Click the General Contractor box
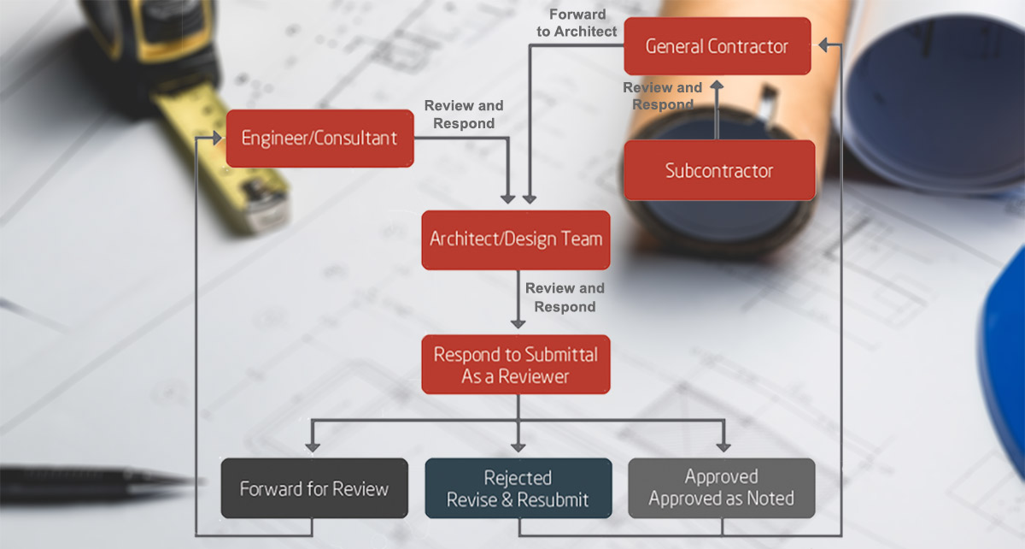click(717, 46)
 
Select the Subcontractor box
click(719, 170)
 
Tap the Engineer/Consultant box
click(319, 138)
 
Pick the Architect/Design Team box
click(516, 239)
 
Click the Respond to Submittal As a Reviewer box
click(516, 364)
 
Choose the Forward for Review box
click(313, 488)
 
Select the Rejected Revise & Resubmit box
click(518, 488)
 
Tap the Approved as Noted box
click(722, 488)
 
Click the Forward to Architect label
click(577, 23)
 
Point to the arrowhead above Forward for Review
click(313, 445)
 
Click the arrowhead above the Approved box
click(723, 445)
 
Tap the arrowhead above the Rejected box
click(518, 445)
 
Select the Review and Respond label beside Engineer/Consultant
click(464, 115)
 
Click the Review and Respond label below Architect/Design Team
click(565, 297)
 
